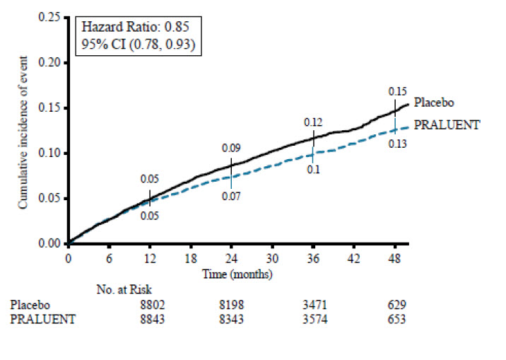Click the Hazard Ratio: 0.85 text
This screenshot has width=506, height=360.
tap(132, 28)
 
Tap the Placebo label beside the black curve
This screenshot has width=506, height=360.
tap(430, 103)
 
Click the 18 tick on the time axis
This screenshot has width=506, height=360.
tap(190, 258)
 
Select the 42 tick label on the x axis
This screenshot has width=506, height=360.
tap(354, 258)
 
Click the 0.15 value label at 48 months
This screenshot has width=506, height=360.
tap(397, 91)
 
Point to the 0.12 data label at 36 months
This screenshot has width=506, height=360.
tap(313, 122)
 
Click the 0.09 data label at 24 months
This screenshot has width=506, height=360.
tap(231, 148)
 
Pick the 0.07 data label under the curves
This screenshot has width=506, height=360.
tap(231, 195)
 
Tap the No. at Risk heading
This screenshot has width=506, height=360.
tap(124, 289)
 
